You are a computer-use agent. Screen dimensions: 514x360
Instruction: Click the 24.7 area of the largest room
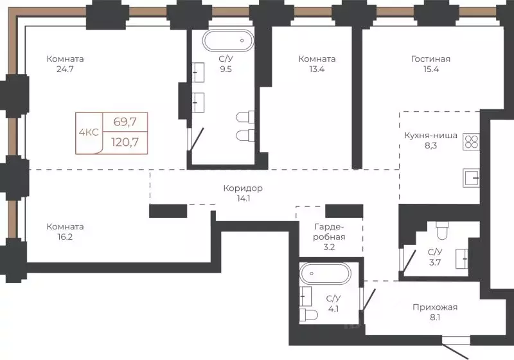pos(65,69)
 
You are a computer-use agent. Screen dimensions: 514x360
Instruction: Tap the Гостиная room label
pos(430,59)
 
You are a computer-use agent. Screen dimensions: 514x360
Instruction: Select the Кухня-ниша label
pos(430,136)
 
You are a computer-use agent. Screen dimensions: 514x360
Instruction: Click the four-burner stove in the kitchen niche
pos(471,141)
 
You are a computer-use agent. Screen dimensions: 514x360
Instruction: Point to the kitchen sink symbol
pos(471,177)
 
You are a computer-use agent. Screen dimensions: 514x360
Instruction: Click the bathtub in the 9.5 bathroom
pos(228,40)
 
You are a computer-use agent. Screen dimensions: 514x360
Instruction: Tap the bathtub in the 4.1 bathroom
pos(325,273)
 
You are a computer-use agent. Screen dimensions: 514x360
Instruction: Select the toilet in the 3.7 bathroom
pos(442,230)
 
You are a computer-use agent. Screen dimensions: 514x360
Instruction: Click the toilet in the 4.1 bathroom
pos(309,315)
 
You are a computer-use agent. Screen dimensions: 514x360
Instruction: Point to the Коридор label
pos(243,188)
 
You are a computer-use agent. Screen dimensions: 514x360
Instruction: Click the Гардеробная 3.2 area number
pos(329,248)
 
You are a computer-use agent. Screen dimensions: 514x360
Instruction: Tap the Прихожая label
pos(435,307)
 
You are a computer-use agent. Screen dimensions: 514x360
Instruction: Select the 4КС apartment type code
pos(89,132)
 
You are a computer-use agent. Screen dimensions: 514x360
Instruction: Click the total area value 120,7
pos(125,142)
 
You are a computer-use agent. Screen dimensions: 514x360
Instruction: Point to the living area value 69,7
pos(125,122)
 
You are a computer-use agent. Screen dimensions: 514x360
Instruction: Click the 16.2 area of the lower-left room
pos(65,237)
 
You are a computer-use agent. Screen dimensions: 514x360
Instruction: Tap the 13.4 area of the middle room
pos(317,69)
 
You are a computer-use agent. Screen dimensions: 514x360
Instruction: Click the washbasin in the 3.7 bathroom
pos(462,258)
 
